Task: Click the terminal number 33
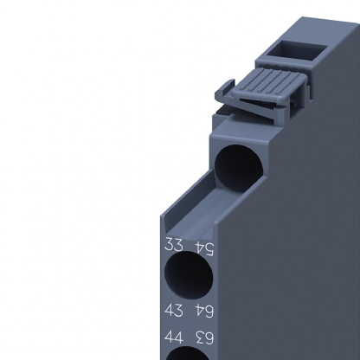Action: (174, 245)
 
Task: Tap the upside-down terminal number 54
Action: (204, 249)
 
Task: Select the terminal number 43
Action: (174, 310)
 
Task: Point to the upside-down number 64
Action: (204, 312)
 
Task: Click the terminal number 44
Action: (174, 337)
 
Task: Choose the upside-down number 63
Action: (204, 337)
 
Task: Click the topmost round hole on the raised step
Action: (239, 169)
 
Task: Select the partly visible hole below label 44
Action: (188, 353)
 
